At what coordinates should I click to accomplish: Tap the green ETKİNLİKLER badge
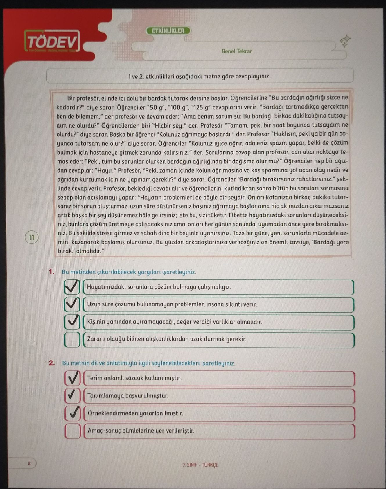click(x=168, y=31)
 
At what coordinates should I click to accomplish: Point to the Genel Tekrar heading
click(x=237, y=51)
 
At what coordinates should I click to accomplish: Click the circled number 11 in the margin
click(x=32, y=237)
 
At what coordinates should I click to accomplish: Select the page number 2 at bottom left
click(x=29, y=463)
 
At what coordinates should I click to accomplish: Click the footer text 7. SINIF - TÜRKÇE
click(x=200, y=465)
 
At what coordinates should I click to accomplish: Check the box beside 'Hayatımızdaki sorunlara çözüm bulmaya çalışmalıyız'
click(x=72, y=287)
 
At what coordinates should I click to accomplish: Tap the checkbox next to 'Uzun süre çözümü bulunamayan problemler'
click(x=72, y=304)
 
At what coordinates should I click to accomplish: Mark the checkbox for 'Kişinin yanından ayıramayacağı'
click(x=72, y=322)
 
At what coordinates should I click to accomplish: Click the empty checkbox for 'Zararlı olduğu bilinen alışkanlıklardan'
click(x=72, y=340)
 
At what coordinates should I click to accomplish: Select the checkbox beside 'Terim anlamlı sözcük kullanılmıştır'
click(x=73, y=378)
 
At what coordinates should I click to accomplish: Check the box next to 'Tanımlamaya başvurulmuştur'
click(x=73, y=396)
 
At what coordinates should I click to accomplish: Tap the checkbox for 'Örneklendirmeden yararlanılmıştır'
click(x=73, y=413)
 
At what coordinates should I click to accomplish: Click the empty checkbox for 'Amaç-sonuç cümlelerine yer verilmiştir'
click(x=73, y=431)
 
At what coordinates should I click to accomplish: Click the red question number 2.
click(x=52, y=363)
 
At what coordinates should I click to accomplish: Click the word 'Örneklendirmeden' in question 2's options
click(x=113, y=413)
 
